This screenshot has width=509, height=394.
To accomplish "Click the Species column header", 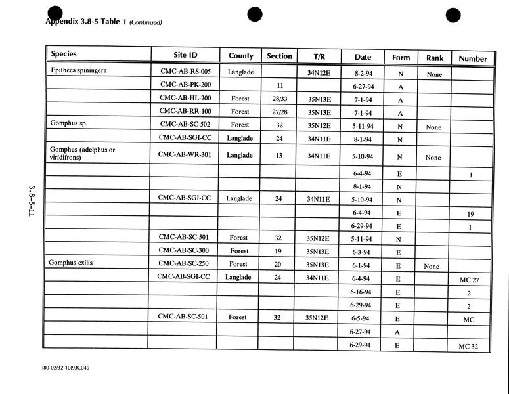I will [64, 55].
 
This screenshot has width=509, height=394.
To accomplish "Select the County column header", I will [240, 56].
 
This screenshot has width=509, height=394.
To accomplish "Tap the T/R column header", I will [319, 57].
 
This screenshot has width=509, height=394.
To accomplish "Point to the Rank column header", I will [435, 58].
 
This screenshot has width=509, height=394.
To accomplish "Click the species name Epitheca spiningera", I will [79, 70].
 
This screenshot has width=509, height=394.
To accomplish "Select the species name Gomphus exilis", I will [71, 263].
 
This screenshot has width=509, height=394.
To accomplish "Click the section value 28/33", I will [279, 99].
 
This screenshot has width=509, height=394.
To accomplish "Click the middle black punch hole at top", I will [255, 14].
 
